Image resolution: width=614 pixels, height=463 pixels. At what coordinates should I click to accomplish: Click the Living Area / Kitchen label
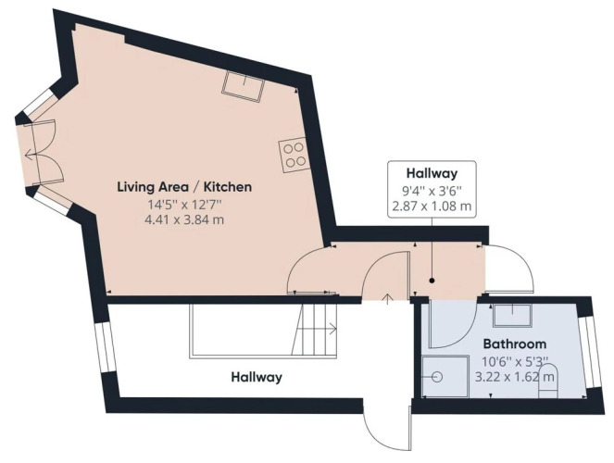[x=184, y=187]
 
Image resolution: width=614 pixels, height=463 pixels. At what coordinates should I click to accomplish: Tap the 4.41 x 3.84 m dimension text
[x=184, y=219]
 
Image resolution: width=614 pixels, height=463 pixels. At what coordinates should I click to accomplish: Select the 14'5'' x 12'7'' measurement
[x=184, y=204]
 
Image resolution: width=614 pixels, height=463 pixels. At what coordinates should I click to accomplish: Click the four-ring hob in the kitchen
[x=294, y=156]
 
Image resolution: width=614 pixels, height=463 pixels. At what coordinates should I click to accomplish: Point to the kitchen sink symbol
[x=243, y=87]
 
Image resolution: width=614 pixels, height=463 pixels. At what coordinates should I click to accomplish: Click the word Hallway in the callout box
[x=432, y=172]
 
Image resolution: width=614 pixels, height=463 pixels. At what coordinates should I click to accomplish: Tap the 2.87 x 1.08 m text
[x=432, y=206]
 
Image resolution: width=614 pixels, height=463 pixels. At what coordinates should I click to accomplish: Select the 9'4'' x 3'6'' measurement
[x=432, y=191]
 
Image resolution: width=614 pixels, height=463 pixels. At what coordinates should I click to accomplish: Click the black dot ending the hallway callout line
[x=432, y=281]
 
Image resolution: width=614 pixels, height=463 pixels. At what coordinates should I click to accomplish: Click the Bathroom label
[x=515, y=344]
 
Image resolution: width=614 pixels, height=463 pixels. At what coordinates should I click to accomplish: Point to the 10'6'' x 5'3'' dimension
[x=515, y=361]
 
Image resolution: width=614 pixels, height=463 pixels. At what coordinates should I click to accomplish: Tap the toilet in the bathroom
[x=548, y=381]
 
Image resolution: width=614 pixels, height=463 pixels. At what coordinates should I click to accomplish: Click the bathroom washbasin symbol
[x=512, y=316]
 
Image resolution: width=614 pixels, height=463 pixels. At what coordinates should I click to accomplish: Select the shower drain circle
[x=437, y=377]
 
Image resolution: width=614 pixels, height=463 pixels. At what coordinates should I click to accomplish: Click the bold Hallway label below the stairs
[x=257, y=377]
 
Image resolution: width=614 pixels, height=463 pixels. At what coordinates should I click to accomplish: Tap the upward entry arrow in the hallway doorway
[x=388, y=299]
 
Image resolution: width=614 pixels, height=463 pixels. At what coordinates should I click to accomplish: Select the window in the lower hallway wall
[x=105, y=347]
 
